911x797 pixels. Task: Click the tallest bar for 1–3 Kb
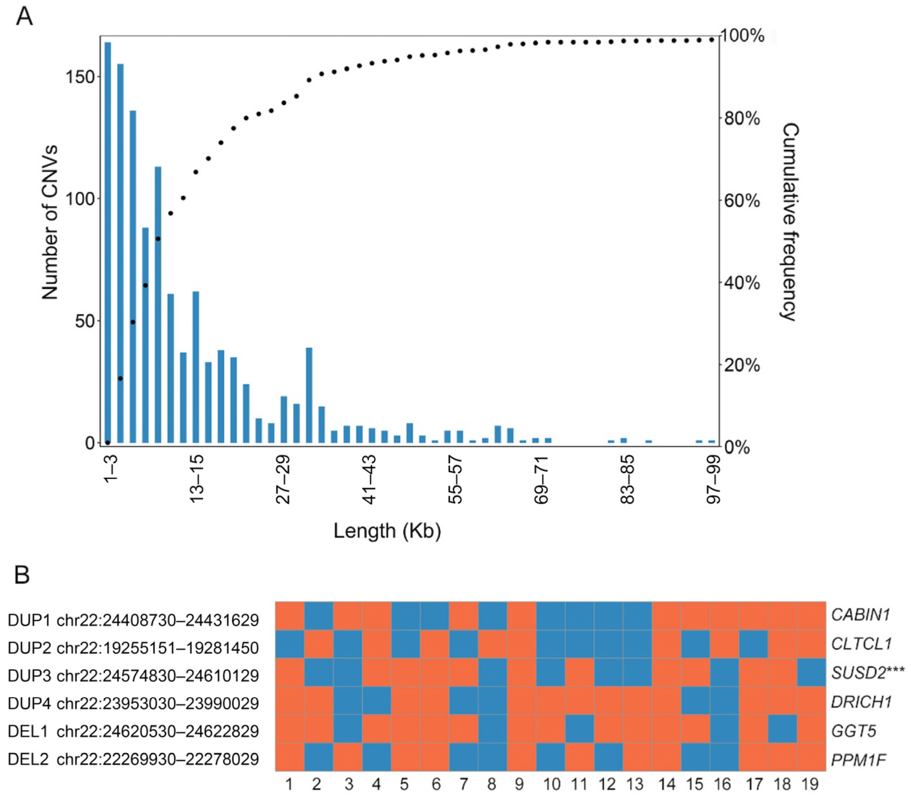coord(108,240)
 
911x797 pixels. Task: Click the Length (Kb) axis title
coord(387,531)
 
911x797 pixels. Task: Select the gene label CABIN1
coord(860,615)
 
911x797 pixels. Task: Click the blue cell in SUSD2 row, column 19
coord(811,672)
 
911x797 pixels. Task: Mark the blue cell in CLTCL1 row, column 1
coord(290,644)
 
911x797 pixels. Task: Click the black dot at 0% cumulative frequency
coord(108,443)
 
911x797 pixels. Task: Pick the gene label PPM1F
coord(858,760)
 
